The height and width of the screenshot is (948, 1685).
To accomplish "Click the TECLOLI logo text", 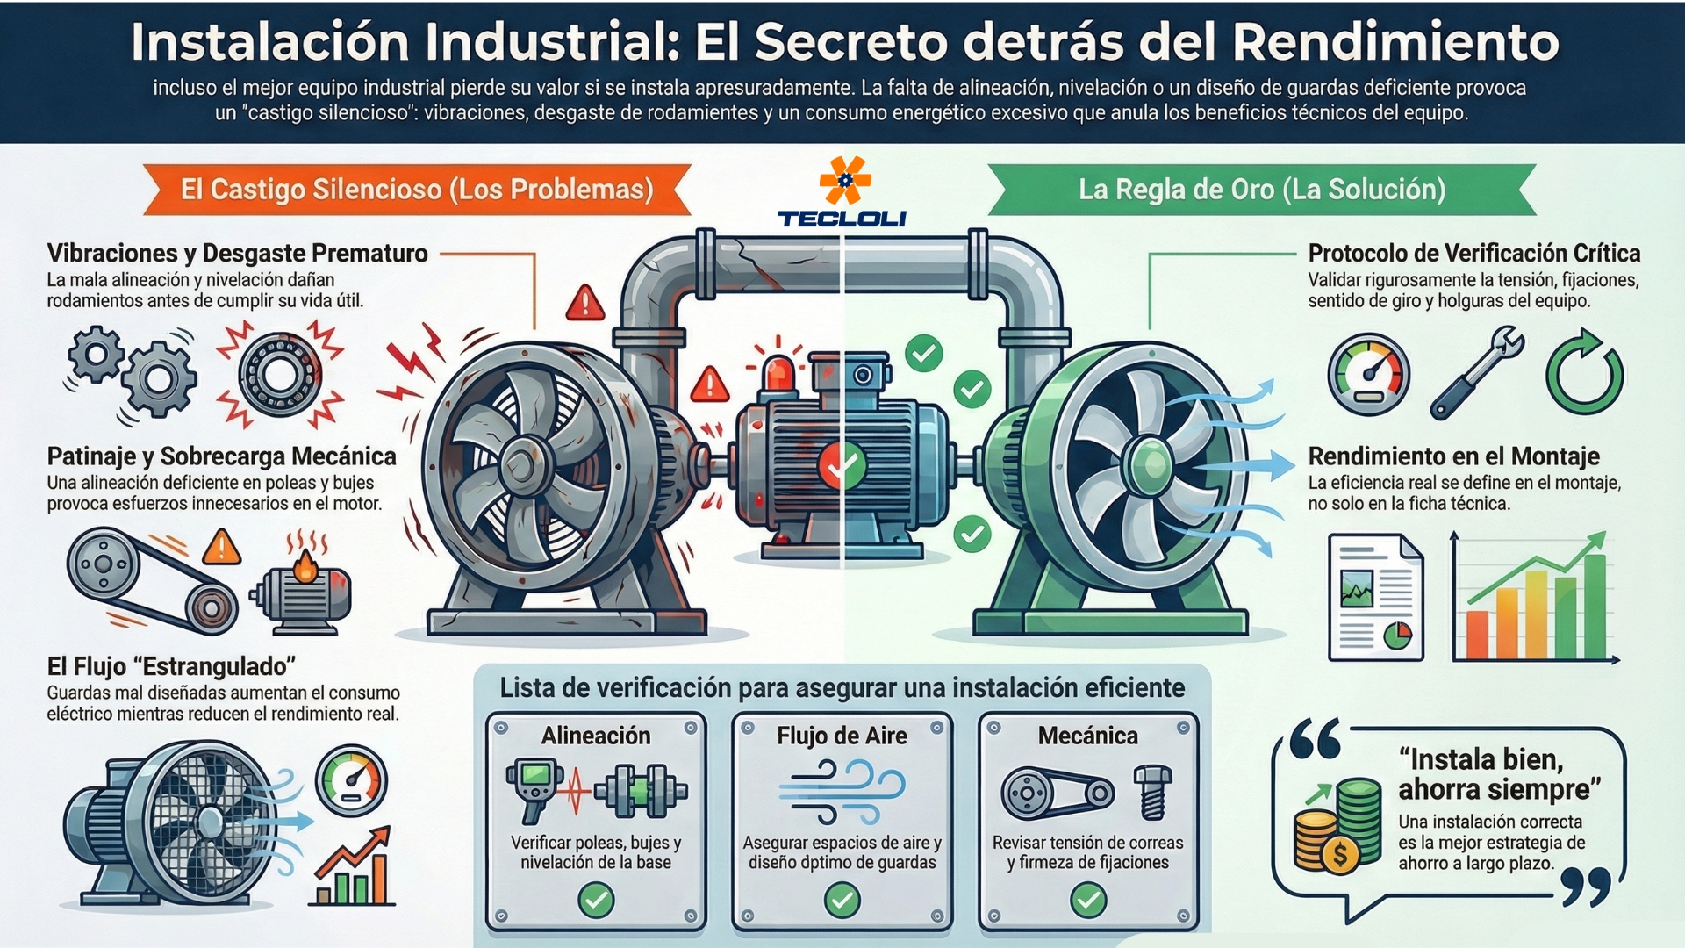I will (x=842, y=219).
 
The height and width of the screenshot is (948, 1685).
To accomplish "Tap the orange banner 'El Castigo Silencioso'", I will (x=417, y=190).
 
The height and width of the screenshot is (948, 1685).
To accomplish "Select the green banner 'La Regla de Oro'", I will (x=1261, y=190).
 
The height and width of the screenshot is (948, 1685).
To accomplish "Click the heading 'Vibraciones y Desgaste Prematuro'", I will (x=237, y=254).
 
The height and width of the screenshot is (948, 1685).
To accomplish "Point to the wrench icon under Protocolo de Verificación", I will (x=1477, y=372).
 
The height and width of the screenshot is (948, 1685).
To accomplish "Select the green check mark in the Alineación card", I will (x=596, y=900).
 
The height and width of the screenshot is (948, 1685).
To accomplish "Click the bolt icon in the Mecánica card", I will (x=1152, y=790).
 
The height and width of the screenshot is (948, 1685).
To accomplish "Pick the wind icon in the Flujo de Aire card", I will (x=842, y=791).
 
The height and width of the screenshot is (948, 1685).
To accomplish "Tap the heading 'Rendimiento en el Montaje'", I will (x=1453, y=456).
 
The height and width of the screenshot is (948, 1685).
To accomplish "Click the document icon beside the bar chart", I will (x=1375, y=598).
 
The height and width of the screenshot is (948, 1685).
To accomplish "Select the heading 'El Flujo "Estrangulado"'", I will (x=171, y=666).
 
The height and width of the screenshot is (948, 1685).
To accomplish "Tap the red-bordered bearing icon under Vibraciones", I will (x=279, y=374).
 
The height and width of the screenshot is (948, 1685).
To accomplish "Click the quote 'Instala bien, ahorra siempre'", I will (x=1499, y=773).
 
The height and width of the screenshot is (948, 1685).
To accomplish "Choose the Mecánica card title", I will (x=1087, y=736).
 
